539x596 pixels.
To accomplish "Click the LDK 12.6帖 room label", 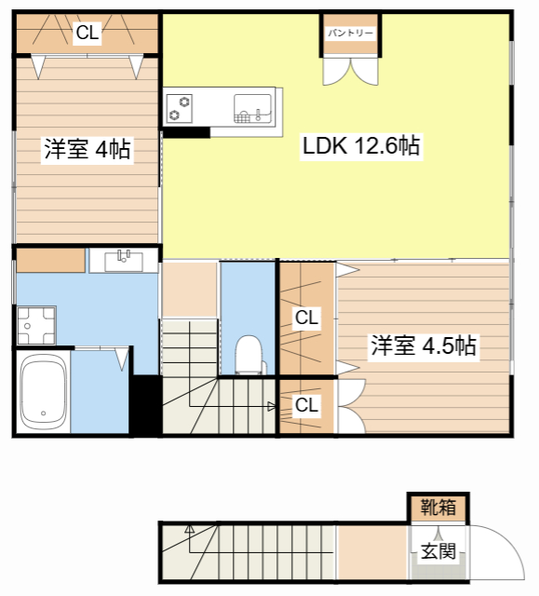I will point(360,146).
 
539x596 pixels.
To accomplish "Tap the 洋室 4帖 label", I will point(86,149).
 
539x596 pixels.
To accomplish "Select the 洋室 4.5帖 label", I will point(424,346).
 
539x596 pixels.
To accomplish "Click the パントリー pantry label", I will point(350,33).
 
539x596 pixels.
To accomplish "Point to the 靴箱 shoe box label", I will point(438,508).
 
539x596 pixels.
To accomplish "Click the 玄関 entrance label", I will point(438,551).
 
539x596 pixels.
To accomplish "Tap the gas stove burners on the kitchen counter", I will point(179,108).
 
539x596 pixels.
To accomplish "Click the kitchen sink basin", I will point(251,107).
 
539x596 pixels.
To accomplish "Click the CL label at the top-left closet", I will point(87,34).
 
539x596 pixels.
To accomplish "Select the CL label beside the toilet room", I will point(306,318).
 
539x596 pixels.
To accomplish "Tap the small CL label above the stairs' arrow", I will point(306,405).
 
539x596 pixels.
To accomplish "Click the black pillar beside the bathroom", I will point(145,404).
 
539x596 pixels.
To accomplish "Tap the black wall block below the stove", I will point(186,132).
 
